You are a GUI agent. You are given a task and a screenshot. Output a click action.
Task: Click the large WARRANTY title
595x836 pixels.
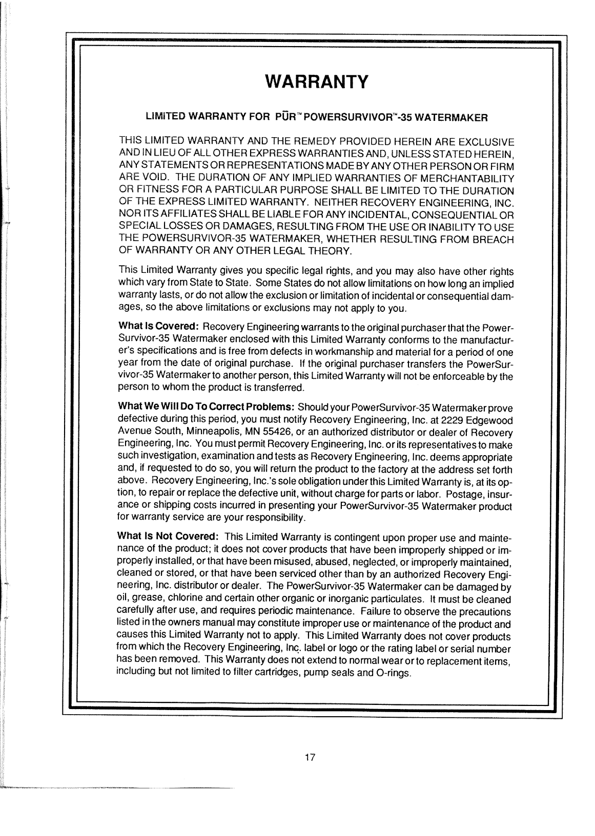click(316, 81)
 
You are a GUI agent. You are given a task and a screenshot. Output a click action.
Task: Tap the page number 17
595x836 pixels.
click(309, 758)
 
